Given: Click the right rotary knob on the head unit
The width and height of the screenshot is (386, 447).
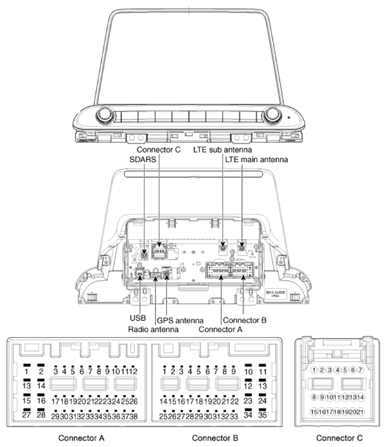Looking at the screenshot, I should [273, 116].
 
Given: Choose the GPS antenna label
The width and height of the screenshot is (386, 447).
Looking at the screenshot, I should [182, 320].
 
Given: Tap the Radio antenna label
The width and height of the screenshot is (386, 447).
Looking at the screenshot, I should [154, 330].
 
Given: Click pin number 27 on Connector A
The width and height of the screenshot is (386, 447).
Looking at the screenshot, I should [27, 415].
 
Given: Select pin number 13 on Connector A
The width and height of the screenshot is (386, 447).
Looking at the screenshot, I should [27, 385].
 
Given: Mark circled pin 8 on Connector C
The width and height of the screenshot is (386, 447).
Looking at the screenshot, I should [314, 397].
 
